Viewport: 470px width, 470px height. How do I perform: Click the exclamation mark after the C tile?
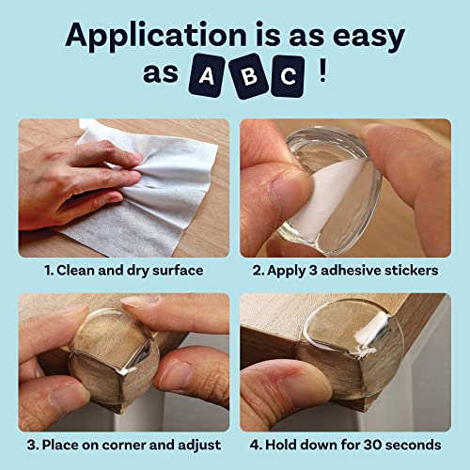tap(321, 72)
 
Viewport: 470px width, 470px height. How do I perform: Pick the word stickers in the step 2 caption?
tap(414, 270)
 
